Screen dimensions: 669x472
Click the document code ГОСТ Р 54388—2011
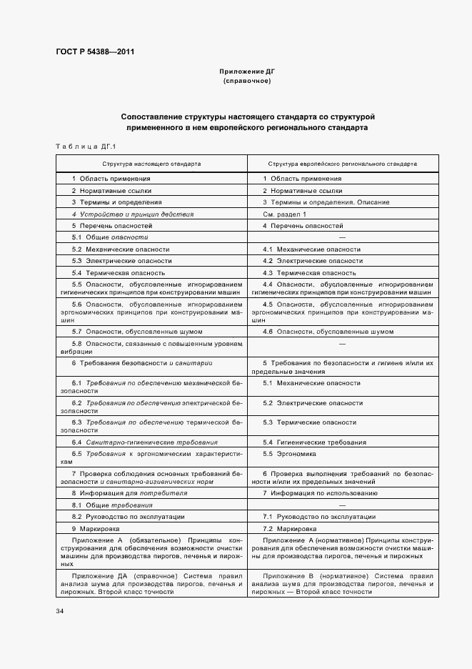pyautogui.click(x=95, y=51)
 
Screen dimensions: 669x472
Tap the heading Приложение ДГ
pyautogui.click(x=246, y=72)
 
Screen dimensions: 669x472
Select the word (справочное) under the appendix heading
pyautogui.click(x=246, y=81)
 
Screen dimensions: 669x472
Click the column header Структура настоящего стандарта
pyautogui.click(x=151, y=164)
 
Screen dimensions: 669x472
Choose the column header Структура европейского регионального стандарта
pyautogui.click(x=342, y=164)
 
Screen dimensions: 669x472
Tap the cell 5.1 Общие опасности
pyautogui.click(x=109, y=237)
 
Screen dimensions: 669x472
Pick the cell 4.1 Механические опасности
pyautogui.click(x=311, y=249)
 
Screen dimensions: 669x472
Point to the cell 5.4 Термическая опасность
pyautogui.click(x=119, y=273)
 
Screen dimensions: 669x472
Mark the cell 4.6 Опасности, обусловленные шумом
pyautogui.click(x=328, y=332)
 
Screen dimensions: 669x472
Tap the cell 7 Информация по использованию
pyautogui.click(x=320, y=493)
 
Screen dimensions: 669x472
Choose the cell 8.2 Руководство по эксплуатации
pyautogui.click(x=129, y=516)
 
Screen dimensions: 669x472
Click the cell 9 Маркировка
pyautogui.click(x=100, y=528)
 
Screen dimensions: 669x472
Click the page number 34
pyautogui.click(x=60, y=611)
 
